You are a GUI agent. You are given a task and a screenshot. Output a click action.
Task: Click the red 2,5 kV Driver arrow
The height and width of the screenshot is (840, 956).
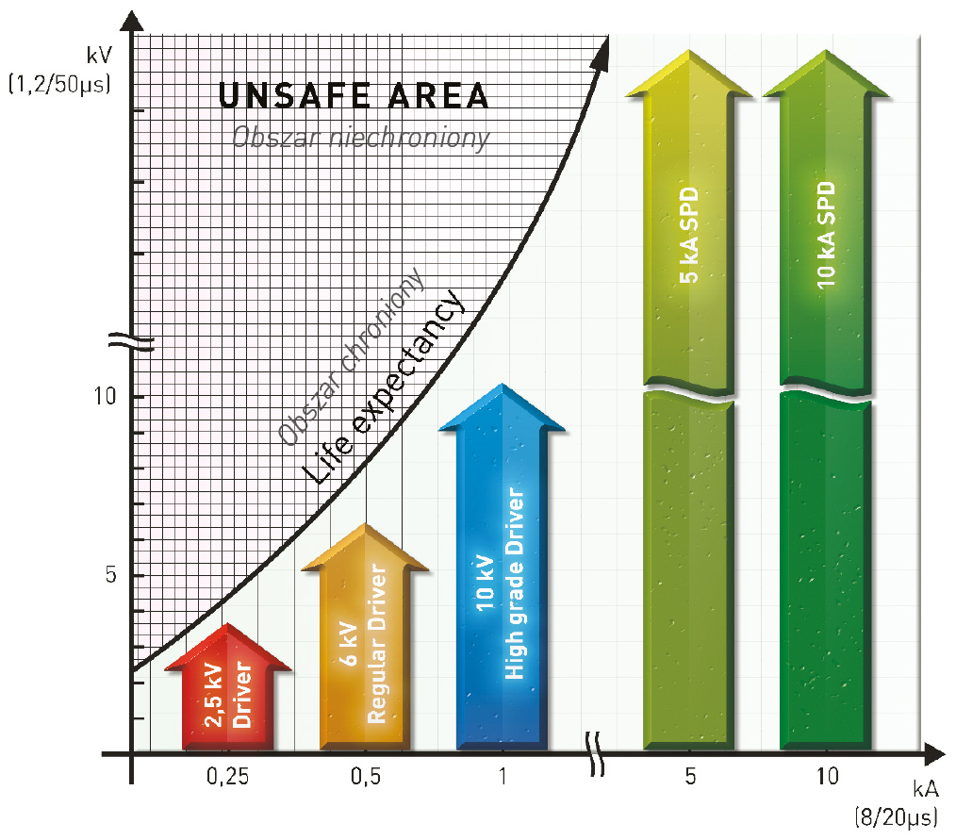[x=227, y=693]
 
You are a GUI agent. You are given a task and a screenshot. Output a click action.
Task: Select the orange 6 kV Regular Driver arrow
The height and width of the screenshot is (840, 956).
[x=364, y=641]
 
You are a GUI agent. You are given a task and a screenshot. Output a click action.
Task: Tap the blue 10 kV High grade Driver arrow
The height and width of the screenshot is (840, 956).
[x=502, y=585]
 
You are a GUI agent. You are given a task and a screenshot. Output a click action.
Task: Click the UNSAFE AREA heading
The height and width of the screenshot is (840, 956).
[x=354, y=97]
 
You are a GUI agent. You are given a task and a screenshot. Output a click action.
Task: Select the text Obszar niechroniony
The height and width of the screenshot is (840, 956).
[x=361, y=139]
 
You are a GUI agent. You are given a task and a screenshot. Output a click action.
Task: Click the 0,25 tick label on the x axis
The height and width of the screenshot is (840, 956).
[x=226, y=778]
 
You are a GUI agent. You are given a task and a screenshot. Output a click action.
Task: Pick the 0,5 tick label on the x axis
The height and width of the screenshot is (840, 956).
[x=364, y=778]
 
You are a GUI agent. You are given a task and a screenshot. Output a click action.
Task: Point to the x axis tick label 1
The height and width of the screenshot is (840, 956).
[x=503, y=778]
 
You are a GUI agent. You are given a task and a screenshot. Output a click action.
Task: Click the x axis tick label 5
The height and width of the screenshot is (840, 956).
[x=690, y=778]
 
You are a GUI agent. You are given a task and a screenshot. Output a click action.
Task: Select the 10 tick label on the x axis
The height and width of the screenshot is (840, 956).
[x=827, y=778]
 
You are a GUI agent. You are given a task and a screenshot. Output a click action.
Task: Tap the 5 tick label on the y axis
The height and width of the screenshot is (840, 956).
[x=109, y=575]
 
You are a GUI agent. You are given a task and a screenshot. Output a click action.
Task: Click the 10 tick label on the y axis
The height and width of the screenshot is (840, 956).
[x=106, y=396]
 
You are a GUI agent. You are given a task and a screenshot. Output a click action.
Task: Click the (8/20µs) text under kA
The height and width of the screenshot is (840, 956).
[x=892, y=815]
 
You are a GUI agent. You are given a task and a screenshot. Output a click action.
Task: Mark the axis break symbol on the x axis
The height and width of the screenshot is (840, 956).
[x=597, y=753]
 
